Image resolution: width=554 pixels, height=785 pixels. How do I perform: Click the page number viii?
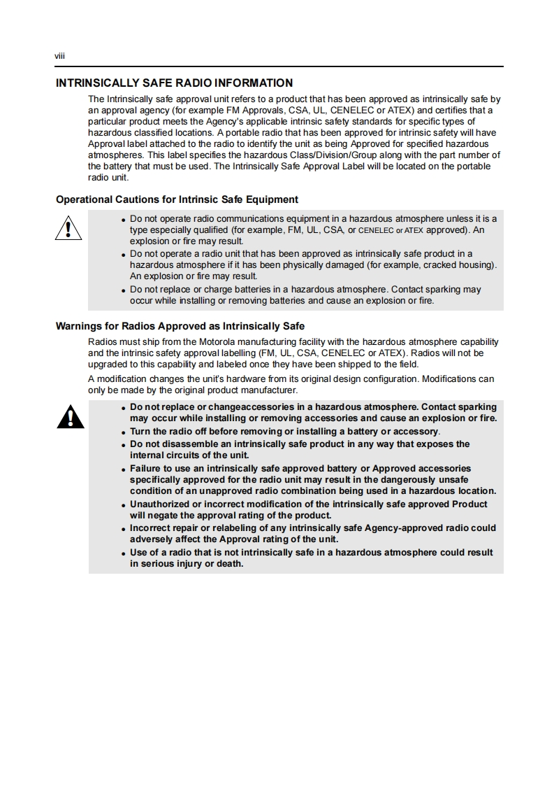[60, 56]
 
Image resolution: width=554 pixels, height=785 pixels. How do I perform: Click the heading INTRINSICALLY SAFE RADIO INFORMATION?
[174, 83]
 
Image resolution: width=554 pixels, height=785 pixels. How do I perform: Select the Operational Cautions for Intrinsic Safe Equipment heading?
[177, 199]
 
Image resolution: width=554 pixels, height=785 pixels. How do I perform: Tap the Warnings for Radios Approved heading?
[180, 326]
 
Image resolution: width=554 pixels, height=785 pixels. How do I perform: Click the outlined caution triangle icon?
[68, 229]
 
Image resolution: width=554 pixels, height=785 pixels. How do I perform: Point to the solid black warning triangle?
[71, 418]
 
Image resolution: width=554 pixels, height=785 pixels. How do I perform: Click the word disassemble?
[182, 444]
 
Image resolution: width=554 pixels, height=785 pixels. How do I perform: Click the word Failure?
[147, 468]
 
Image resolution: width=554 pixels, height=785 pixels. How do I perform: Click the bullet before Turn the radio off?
[124, 432]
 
